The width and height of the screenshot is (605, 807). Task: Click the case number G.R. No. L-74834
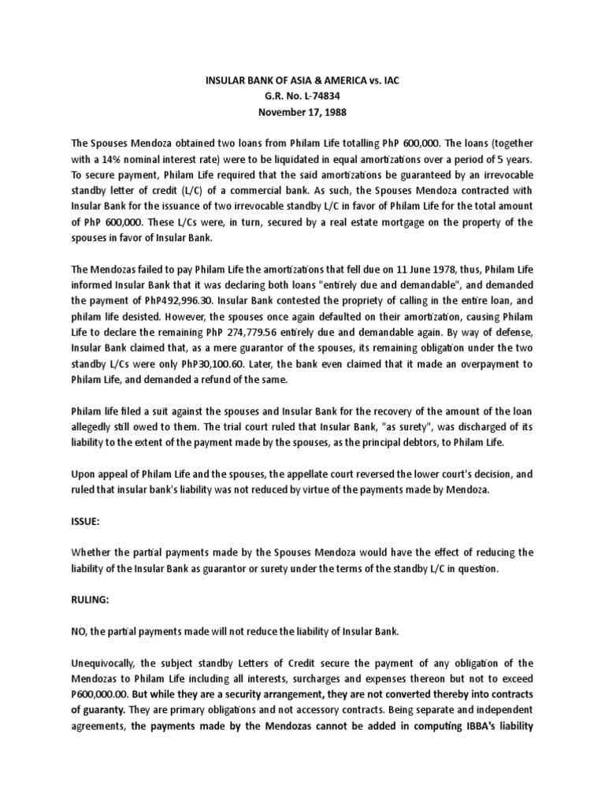pos(302,96)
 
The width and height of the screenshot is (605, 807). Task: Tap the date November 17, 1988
pos(302,112)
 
